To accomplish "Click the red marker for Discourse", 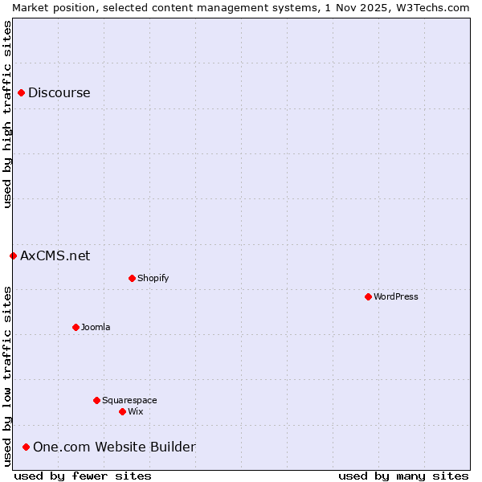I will pos(21,93).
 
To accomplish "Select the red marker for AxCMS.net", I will pos(13,256).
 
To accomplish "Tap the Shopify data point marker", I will pos(132,279).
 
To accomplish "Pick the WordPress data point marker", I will pos(368,297).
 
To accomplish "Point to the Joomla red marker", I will pos(76,328).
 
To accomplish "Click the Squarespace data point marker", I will pos(96,400).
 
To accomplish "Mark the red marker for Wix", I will pos(122,412).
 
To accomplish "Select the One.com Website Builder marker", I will pos(26,447).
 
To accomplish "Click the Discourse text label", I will pos(59,93).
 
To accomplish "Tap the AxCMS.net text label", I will pos(55,256).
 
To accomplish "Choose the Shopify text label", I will pos(153,279).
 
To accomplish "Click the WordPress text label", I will pos(396,297).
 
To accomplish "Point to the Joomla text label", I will pos(96,328).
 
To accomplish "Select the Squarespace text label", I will pos(129,400).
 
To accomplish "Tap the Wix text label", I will pos(136,412).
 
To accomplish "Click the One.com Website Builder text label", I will pos(114,447).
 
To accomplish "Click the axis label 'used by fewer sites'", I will pos(83,476).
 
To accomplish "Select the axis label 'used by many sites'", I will pos(403,476).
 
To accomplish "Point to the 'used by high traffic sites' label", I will pos(8,114).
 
